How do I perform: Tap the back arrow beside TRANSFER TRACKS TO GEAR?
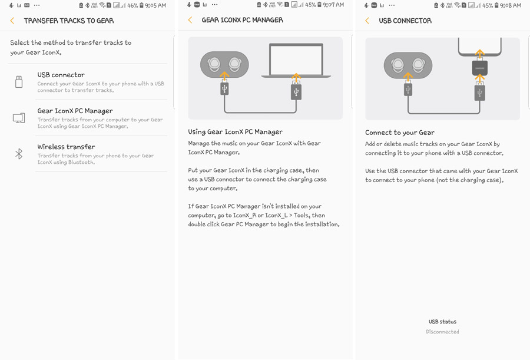point(12,21)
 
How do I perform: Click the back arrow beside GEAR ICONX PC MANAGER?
point(190,20)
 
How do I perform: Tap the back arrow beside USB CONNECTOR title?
point(367,21)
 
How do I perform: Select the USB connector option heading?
point(61,75)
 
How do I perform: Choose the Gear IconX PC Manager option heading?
point(75,111)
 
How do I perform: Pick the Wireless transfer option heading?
point(66,147)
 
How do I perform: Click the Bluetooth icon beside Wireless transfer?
point(19,154)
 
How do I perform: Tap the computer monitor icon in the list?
point(19,118)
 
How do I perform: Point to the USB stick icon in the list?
point(19,82)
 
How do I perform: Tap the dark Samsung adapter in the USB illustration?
point(479,68)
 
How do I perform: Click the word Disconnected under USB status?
point(442,332)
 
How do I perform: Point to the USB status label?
point(442,322)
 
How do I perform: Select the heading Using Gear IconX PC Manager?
point(235,132)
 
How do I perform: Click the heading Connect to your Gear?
point(400,133)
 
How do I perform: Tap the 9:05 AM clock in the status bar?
point(155,5)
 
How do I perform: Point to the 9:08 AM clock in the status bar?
point(511,5)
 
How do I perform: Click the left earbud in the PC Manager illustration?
point(214,64)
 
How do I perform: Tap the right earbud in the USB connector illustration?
point(418,65)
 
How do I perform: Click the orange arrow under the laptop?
point(296,77)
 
